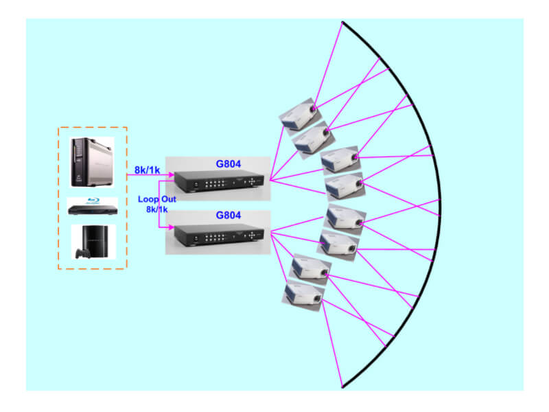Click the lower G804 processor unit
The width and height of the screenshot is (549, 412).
coord(218,235)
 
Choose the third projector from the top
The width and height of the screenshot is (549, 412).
coord(340,160)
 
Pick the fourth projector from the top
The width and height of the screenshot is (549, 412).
coord(344,187)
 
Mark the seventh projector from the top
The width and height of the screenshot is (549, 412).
coord(311,268)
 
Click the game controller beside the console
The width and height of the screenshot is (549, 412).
coord(84,253)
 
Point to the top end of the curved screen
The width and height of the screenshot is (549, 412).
coord(343,23)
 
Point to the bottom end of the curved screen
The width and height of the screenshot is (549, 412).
coord(343,387)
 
